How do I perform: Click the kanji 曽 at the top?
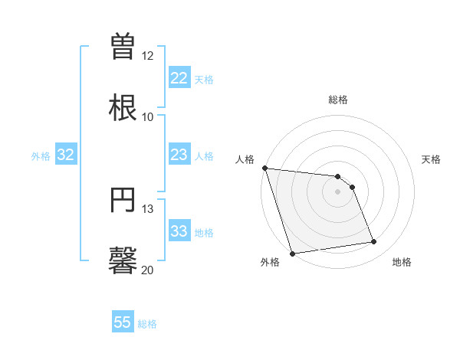[x=123, y=45]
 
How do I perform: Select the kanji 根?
[x=123, y=106]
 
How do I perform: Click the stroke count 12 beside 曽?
[x=148, y=56]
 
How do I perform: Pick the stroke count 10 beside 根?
[x=148, y=117]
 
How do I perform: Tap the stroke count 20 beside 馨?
[x=148, y=270]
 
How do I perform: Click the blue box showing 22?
[x=179, y=78]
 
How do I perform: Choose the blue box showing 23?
[x=179, y=155]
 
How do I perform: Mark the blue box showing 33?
[x=179, y=231]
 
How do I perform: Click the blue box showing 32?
[x=66, y=155]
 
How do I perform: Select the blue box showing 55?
[x=123, y=322]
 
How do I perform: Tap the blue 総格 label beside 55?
[x=148, y=324]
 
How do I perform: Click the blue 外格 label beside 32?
[x=41, y=156]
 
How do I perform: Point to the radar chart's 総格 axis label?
[x=338, y=100]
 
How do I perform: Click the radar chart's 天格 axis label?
[x=432, y=159]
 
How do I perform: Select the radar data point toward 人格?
[x=264, y=168]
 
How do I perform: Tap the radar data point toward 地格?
[x=374, y=242]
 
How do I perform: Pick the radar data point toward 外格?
[x=292, y=253]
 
